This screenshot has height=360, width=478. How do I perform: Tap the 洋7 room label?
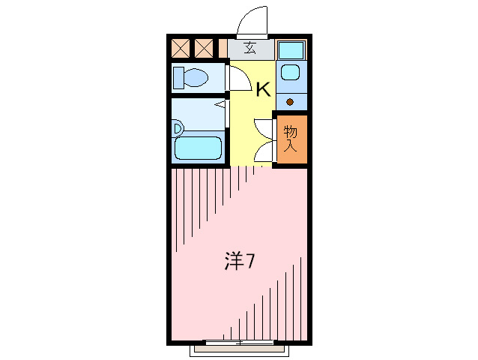point(240,261)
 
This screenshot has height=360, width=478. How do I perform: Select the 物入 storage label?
point(291,138)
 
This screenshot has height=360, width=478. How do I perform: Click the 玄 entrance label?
point(249,49)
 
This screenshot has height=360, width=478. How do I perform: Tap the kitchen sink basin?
point(289,73)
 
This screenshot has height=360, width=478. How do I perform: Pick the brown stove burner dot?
point(290,101)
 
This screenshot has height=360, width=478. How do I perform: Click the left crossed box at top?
point(181,49)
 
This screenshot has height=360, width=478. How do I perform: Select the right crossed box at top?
point(204,49)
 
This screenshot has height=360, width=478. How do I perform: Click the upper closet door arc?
point(264,127)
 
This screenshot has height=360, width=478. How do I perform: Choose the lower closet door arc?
point(264,151)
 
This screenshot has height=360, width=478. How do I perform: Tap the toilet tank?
point(178,77)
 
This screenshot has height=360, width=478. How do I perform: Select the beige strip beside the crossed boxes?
point(223,49)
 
